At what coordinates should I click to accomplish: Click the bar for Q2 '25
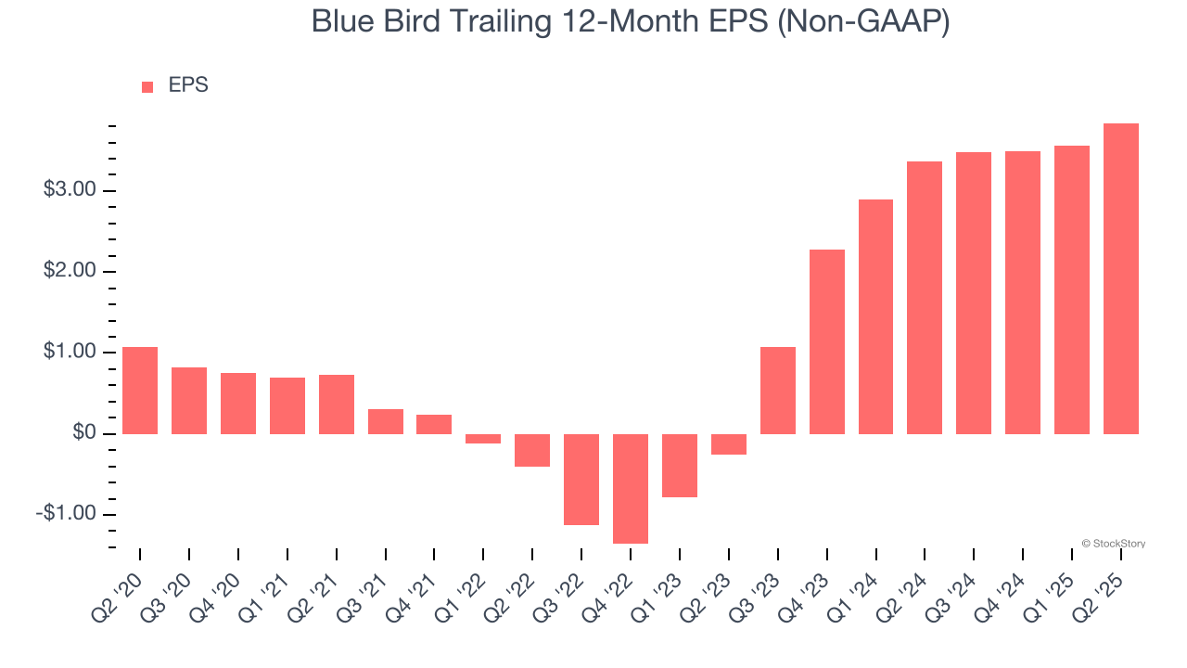pyautogui.click(x=1121, y=279)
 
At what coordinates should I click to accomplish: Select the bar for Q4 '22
pyautogui.click(x=631, y=489)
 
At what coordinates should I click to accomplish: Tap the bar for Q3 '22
pyautogui.click(x=581, y=480)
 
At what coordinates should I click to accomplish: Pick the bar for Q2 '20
pyautogui.click(x=140, y=391)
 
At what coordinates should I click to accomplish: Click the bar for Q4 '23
pyautogui.click(x=827, y=342)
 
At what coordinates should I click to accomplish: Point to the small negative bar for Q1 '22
pyautogui.click(x=483, y=439)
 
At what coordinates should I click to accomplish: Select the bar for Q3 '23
pyautogui.click(x=778, y=391)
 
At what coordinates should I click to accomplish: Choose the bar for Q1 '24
pyautogui.click(x=876, y=317)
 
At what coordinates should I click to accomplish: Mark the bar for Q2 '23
pyautogui.click(x=729, y=444)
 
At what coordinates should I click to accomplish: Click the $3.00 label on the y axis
pyautogui.click(x=70, y=189)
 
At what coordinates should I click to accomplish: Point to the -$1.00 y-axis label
pyautogui.click(x=66, y=513)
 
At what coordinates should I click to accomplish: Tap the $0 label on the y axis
pyautogui.click(x=84, y=432)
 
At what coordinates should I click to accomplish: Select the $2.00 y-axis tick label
pyautogui.click(x=70, y=270)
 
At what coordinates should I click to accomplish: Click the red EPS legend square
pyautogui.click(x=147, y=87)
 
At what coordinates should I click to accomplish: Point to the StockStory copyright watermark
pyautogui.click(x=1114, y=544)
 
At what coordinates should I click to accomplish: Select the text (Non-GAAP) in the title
pyautogui.click(x=863, y=22)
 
